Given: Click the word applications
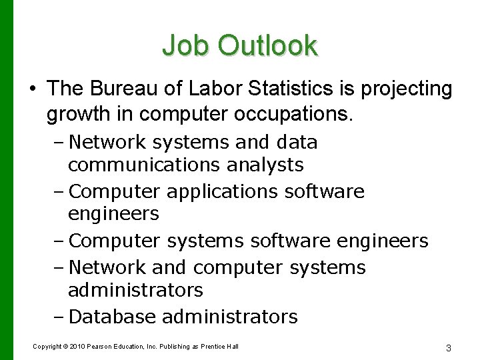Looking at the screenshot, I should (x=222, y=192).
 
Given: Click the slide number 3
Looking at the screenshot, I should (x=449, y=348).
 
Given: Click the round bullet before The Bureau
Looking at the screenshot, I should (x=31, y=89).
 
